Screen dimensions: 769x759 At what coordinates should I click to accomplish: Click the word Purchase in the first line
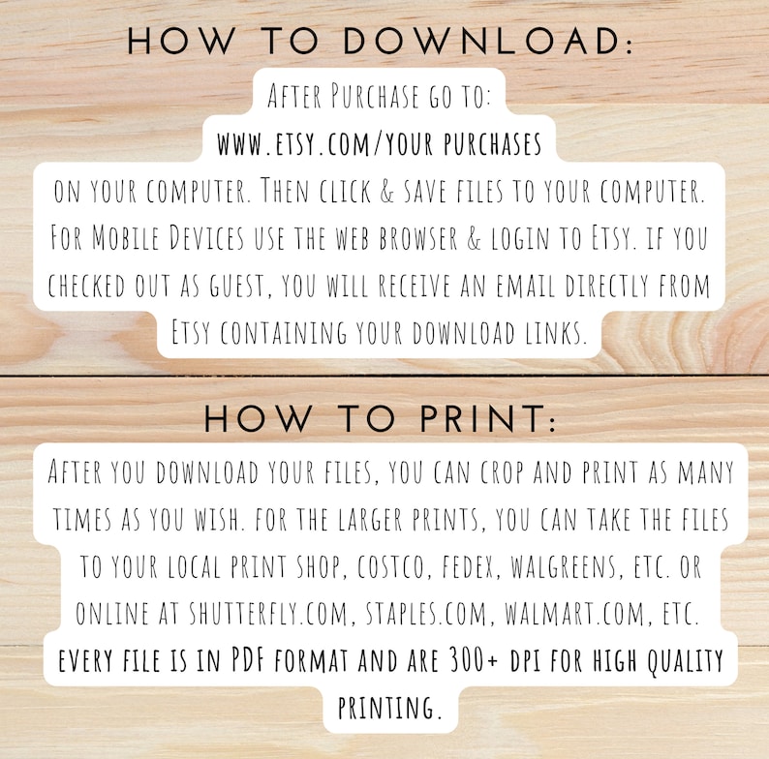(x=375, y=96)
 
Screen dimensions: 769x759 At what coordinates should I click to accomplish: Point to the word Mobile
(x=126, y=237)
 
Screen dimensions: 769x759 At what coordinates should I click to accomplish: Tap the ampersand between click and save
(x=387, y=191)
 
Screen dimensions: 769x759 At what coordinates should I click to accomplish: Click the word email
(x=526, y=286)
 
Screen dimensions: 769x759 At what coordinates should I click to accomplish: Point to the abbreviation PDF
(x=248, y=660)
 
